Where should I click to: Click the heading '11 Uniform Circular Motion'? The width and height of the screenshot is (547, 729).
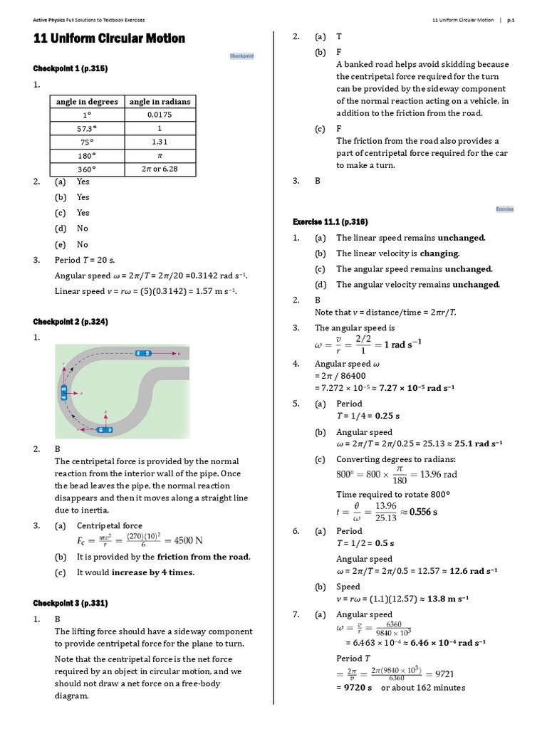109,38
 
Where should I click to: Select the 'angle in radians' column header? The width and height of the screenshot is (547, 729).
160,102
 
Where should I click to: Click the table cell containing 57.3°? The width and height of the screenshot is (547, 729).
87,128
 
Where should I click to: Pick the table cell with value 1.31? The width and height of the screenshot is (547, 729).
160,142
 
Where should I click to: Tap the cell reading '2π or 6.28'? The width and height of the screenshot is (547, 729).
160,169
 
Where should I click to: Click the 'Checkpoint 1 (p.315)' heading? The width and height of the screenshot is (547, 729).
71,68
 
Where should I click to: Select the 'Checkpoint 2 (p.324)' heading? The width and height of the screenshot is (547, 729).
71,322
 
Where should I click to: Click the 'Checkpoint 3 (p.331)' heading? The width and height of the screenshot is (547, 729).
71,603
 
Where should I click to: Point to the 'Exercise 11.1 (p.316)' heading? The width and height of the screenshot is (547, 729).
330,222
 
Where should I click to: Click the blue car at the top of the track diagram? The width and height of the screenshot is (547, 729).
144,353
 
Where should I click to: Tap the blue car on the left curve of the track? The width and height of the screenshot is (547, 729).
64,392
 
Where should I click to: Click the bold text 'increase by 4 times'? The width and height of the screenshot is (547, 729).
152,572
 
